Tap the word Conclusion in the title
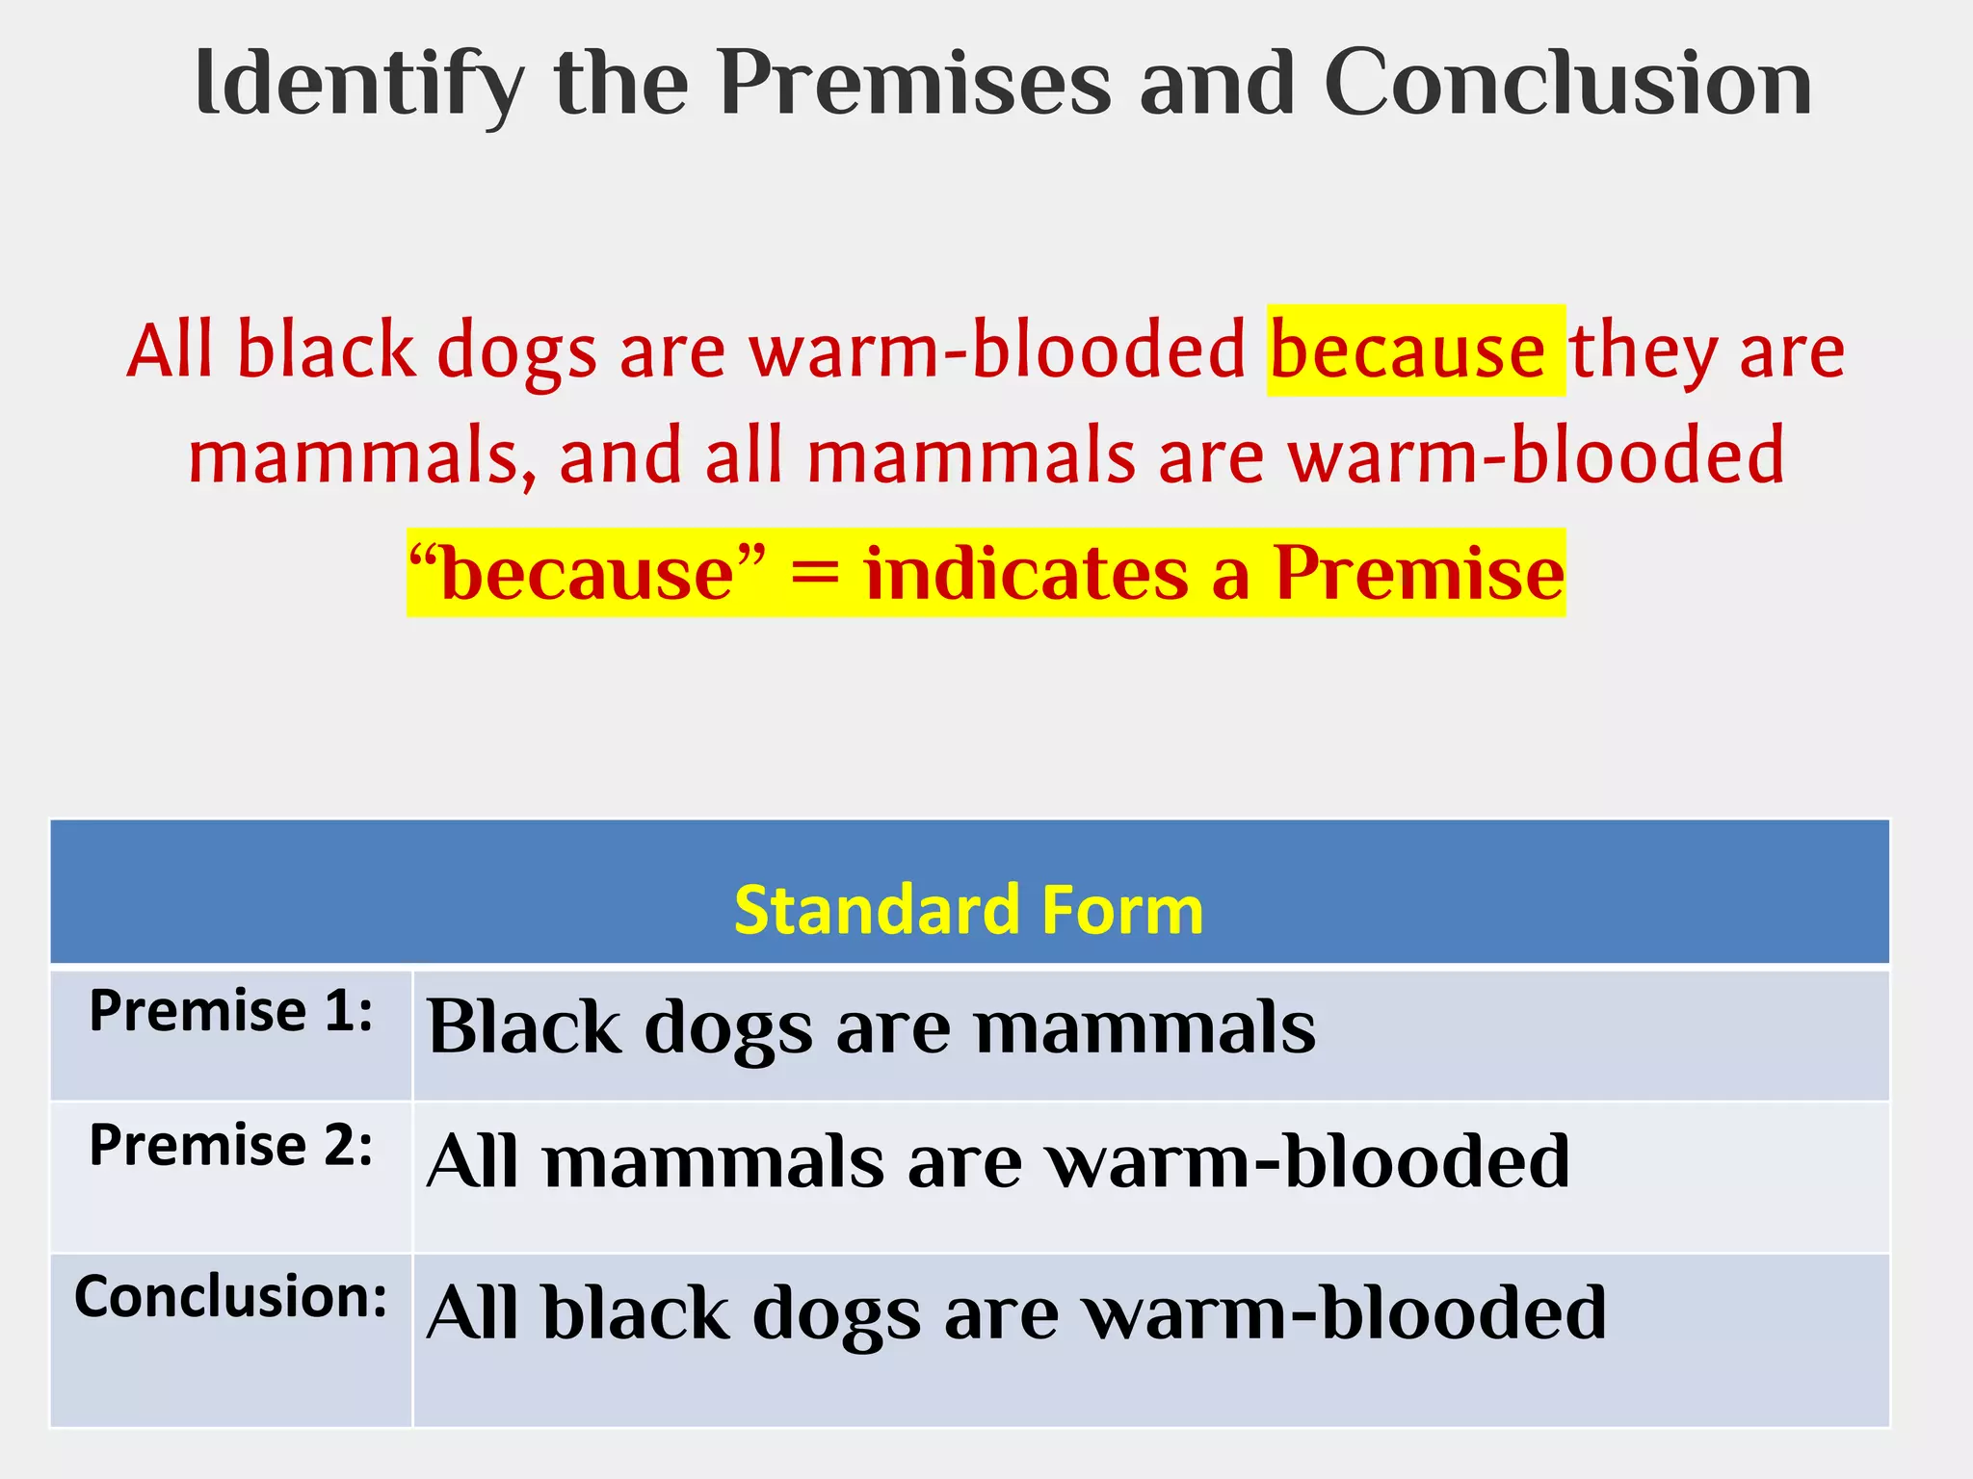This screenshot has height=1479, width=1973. tap(1567, 85)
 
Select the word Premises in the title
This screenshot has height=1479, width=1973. tap(914, 85)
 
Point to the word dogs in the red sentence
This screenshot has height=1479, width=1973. tap(517, 351)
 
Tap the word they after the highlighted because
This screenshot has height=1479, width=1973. tap(1644, 351)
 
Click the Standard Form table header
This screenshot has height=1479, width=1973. tap(968, 910)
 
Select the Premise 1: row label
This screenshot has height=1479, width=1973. tap(230, 1012)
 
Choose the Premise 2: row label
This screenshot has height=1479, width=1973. tap(230, 1146)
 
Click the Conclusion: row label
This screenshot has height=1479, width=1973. tap(230, 1297)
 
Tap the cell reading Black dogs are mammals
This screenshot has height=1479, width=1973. tap(871, 1028)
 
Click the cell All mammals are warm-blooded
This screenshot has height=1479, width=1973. tap(997, 1162)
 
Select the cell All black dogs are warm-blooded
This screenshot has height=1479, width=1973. tap(1015, 1313)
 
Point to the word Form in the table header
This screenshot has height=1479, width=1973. tap(1122, 910)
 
